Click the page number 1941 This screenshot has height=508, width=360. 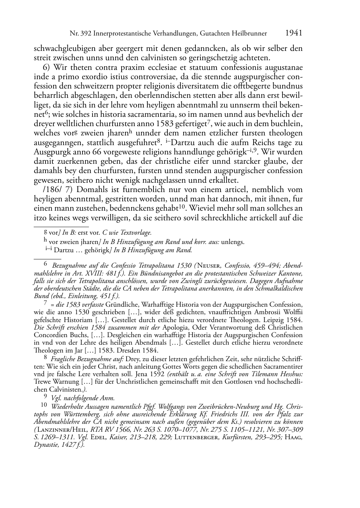[x=294, y=33]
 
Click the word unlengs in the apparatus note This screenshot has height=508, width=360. [x=233, y=242]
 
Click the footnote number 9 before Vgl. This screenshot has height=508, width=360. [x=45, y=397]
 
